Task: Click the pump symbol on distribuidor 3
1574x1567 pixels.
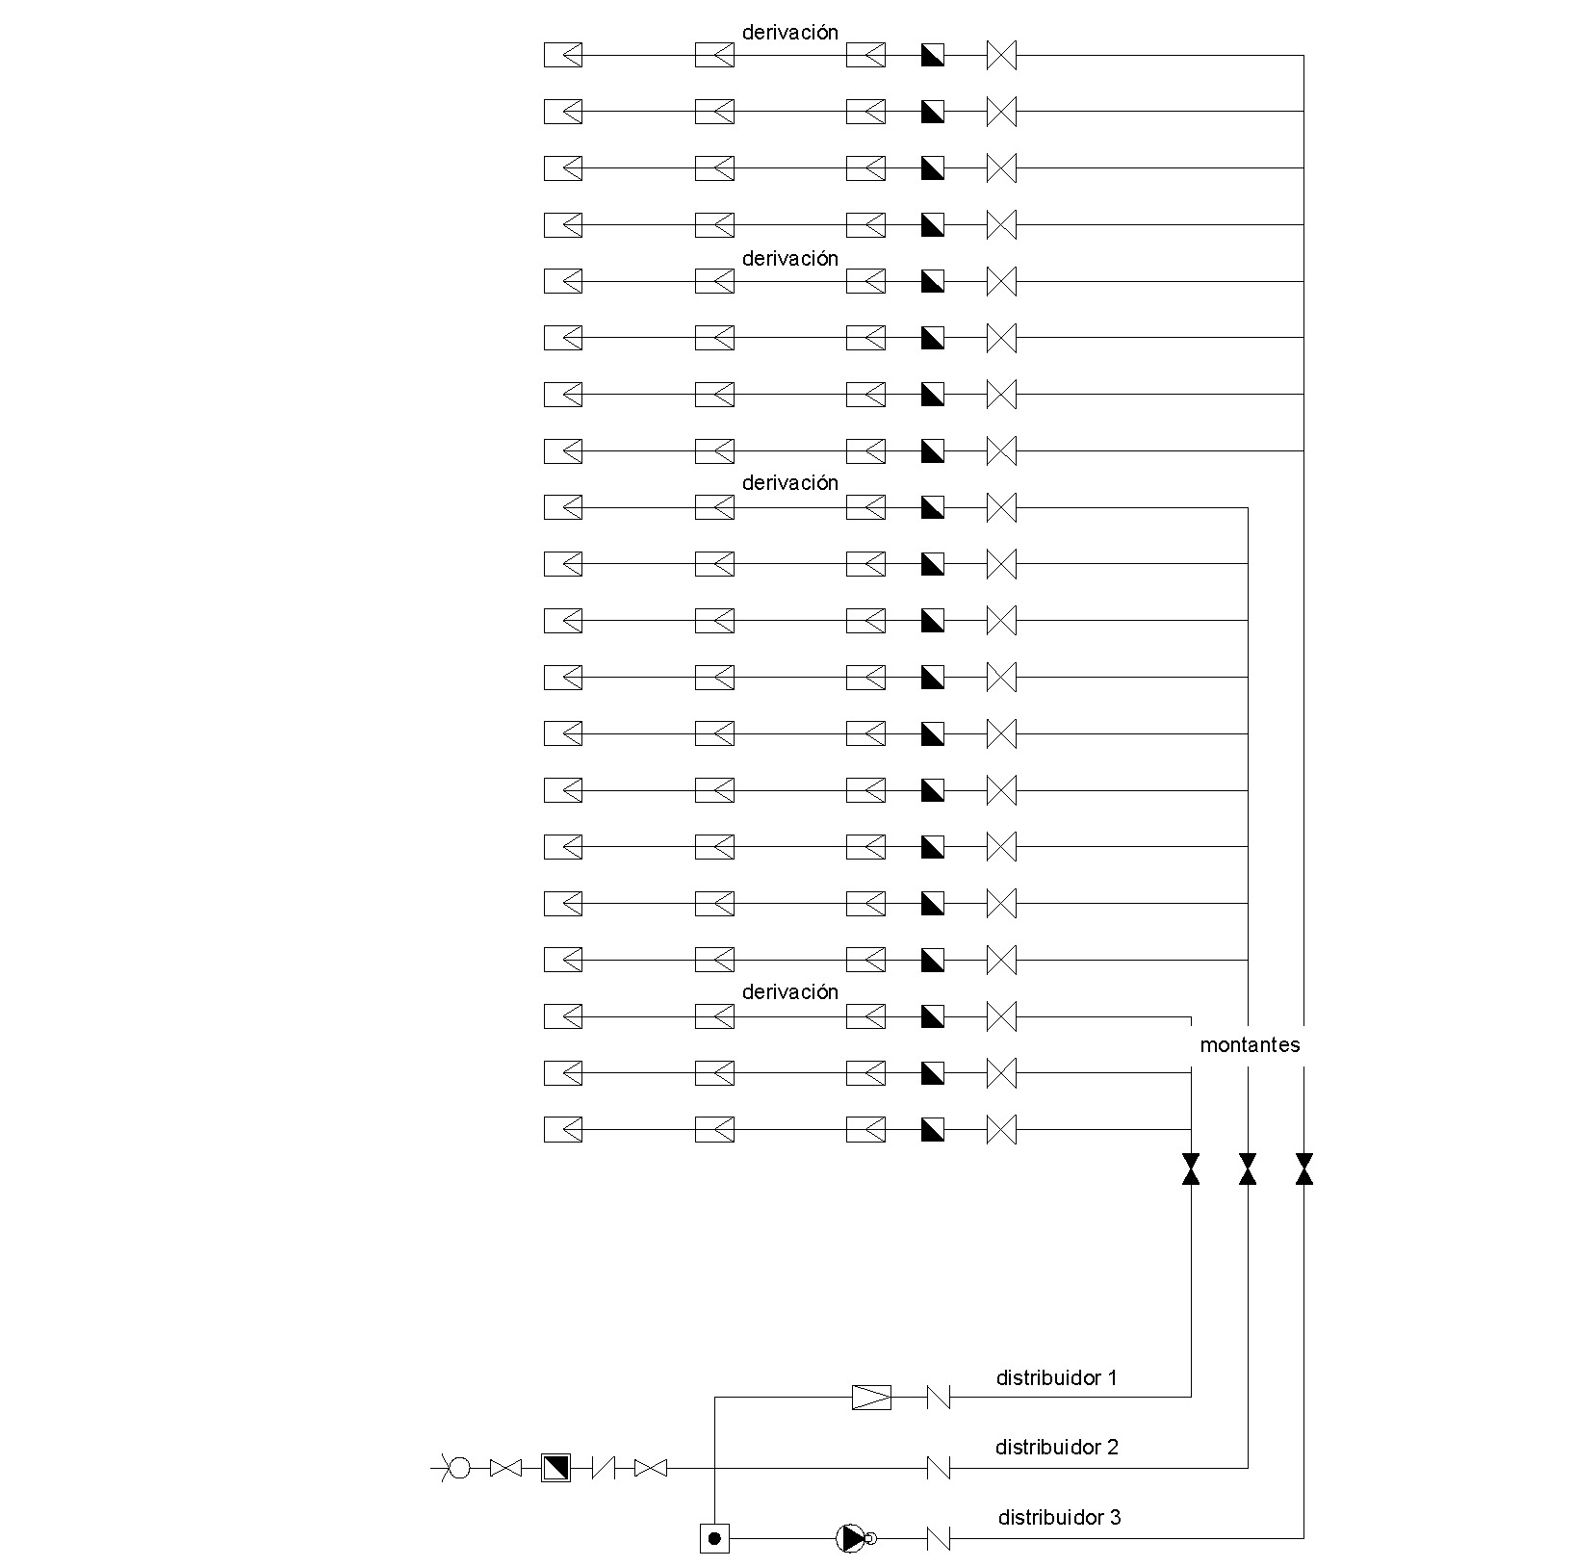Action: click(852, 1538)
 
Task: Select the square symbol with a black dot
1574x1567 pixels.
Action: click(714, 1538)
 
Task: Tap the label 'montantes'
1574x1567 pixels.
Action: click(1250, 1045)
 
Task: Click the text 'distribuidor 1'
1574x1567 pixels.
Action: click(1056, 1377)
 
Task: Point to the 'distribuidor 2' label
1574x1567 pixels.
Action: click(1056, 1447)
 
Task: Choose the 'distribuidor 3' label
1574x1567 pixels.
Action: click(1059, 1517)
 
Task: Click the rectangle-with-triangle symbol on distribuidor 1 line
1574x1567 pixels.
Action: click(871, 1397)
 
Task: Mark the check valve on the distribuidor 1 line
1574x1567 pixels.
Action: click(938, 1397)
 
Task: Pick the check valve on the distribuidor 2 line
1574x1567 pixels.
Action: click(938, 1468)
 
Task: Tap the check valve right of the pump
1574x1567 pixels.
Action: click(938, 1538)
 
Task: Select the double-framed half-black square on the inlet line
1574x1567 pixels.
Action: click(555, 1468)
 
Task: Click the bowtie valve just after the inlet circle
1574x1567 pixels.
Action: click(505, 1468)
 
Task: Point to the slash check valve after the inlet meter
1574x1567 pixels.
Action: click(604, 1468)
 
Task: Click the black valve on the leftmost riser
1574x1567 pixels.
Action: click(1191, 1169)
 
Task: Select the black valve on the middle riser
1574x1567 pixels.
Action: click(1248, 1169)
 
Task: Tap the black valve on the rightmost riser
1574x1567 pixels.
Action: click(1304, 1169)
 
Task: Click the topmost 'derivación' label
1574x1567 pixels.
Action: click(790, 32)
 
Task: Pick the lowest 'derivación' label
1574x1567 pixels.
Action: click(790, 991)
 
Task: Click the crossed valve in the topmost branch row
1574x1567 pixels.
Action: click(1001, 55)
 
